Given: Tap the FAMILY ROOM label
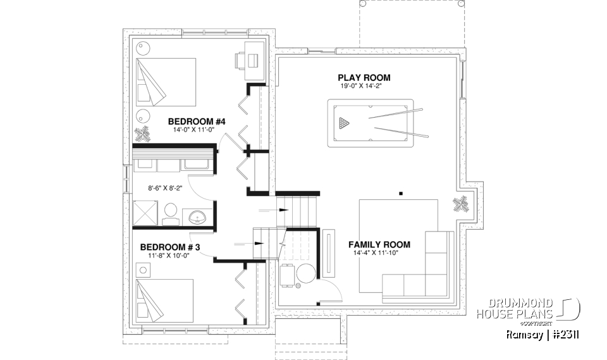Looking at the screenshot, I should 379,244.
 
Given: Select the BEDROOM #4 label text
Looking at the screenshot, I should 192,121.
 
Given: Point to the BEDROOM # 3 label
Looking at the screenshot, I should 169,247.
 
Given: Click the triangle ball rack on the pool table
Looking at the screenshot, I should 343,122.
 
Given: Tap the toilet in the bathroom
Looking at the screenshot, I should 169,213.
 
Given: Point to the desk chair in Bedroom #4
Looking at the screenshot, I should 241,59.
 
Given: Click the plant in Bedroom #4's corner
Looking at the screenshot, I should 143,134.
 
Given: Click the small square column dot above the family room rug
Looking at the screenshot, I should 401,192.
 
